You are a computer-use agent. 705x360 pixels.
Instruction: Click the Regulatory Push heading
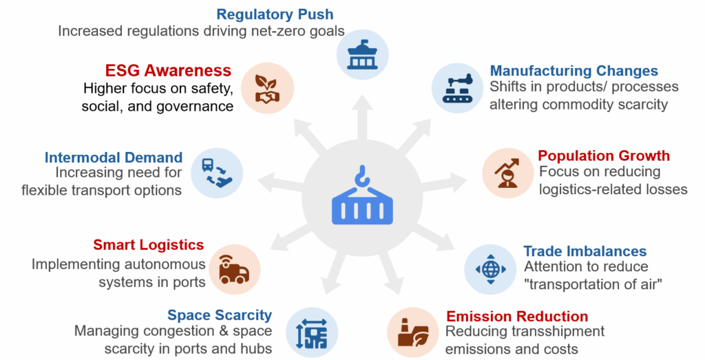275,14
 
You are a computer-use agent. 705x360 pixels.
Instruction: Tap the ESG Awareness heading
168,70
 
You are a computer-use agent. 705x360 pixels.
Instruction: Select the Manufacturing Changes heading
574,70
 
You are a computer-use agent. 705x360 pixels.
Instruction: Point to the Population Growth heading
603,155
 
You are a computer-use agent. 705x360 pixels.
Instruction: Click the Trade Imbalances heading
585,251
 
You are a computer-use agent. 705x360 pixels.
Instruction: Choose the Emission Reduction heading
517,317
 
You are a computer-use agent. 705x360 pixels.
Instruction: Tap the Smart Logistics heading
149,244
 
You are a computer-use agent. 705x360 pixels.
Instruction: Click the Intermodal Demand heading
114,158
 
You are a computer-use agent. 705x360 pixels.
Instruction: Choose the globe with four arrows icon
490,269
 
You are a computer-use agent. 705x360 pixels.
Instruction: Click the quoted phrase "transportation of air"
593,284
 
